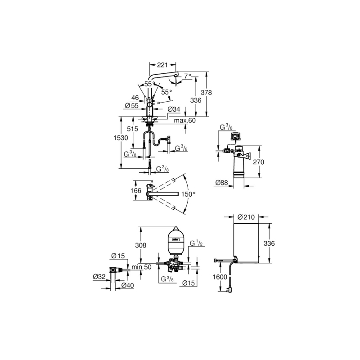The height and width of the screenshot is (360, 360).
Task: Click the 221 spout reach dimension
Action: [162, 65]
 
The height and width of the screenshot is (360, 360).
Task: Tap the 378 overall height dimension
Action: [207, 93]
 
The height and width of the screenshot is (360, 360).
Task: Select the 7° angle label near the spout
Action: [187, 76]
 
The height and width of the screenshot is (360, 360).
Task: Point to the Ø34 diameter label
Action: [174, 109]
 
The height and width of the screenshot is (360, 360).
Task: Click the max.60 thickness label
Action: [185, 120]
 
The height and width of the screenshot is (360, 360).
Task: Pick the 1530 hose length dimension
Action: [121, 138]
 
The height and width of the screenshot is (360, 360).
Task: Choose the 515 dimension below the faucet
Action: [132, 129]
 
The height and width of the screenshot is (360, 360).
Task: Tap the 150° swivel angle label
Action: [188, 194]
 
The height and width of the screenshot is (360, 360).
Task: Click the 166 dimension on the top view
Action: [136, 190]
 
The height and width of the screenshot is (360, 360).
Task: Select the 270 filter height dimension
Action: [258, 162]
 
